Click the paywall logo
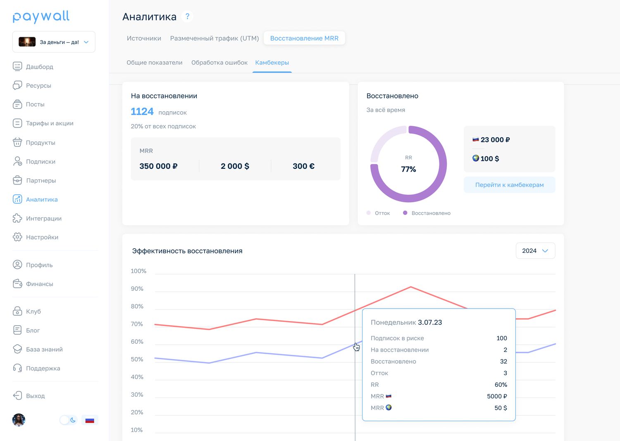41,17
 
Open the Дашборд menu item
33,67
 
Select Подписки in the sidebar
34,161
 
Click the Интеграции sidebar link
37,218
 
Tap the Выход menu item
29,395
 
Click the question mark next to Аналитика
187,17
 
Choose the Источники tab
144,38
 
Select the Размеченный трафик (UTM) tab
215,38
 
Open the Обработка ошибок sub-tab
219,62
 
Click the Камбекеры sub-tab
272,62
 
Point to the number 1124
142,111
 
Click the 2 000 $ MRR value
235,166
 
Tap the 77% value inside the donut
408,169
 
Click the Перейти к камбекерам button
510,185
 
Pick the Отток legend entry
378,213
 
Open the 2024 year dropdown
535,251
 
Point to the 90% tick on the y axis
137,289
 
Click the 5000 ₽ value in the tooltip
497,396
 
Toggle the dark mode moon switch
68,420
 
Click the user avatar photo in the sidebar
19,420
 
